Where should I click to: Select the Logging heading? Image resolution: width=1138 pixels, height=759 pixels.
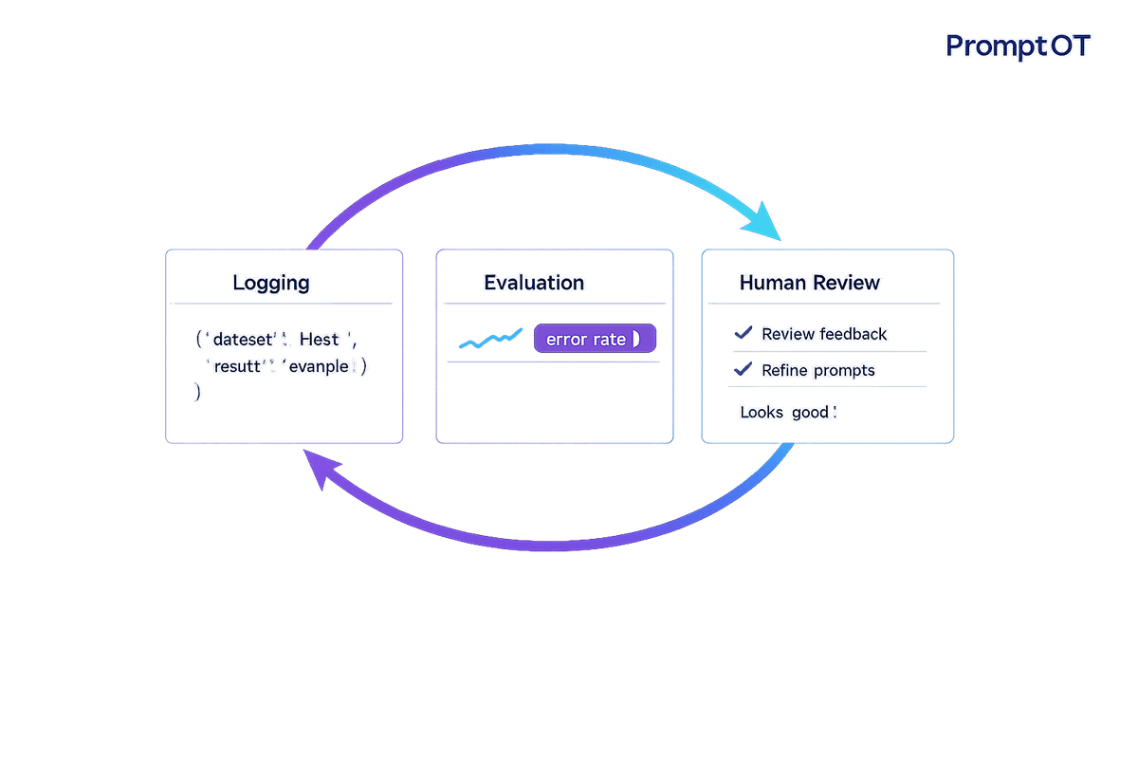[x=271, y=283]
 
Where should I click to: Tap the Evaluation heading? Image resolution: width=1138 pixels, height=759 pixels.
[x=534, y=283]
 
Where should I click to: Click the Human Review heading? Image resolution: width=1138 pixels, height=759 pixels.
[x=810, y=283]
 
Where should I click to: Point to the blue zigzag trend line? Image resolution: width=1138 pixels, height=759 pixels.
[x=489, y=339]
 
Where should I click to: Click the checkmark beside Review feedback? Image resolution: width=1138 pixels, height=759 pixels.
[x=743, y=333]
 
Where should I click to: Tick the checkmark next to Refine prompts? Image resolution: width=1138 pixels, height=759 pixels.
[x=743, y=370]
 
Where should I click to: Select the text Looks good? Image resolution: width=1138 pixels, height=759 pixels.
[x=788, y=413]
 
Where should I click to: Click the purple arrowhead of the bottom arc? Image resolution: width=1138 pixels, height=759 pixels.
[x=320, y=469]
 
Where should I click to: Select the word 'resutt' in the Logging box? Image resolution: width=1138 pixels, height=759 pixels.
[x=242, y=366]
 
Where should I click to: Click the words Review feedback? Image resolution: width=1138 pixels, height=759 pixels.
[x=824, y=334]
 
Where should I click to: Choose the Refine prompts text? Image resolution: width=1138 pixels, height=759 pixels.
[x=818, y=371]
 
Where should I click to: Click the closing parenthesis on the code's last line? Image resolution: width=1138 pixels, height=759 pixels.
[x=197, y=391]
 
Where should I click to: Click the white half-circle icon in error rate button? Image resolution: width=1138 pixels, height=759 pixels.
[x=637, y=339]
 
